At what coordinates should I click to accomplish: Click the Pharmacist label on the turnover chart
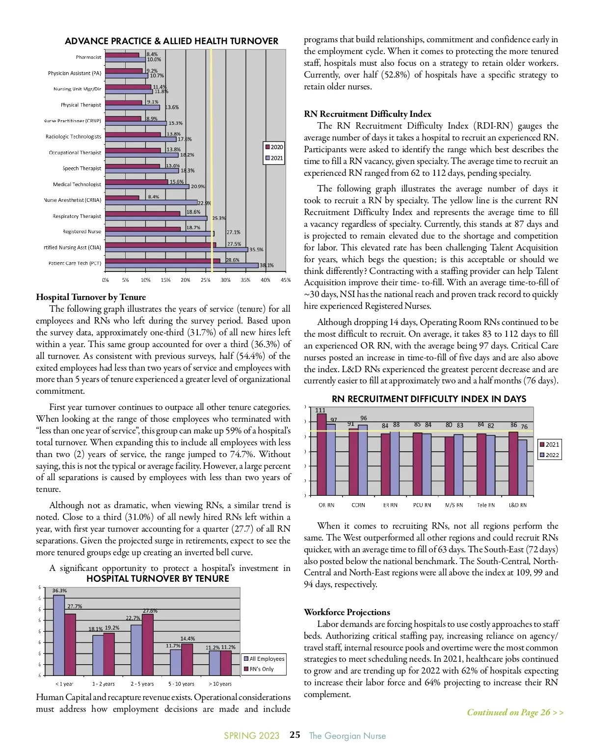(x=88, y=57)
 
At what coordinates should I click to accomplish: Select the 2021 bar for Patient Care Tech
(x=182, y=266)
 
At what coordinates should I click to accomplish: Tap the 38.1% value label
(x=267, y=266)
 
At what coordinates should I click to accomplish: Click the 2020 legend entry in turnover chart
(x=274, y=147)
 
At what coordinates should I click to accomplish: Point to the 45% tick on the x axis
(x=285, y=280)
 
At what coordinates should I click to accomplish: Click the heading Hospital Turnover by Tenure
(x=91, y=297)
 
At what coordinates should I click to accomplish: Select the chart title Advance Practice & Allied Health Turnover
(x=171, y=41)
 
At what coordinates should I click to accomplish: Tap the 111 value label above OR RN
(x=320, y=410)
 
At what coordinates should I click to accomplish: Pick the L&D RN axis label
(x=517, y=505)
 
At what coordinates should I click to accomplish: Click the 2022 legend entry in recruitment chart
(x=549, y=455)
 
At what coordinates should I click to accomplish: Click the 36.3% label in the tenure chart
(x=59, y=591)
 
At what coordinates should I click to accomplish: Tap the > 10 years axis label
(x=220, y=684)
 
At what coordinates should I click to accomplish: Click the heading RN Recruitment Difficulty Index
(x=368, y=114)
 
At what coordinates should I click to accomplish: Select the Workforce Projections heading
(x=347, y=612)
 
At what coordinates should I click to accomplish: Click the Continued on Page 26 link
(x=515, y=712)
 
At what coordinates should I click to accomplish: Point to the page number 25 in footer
(x=294, y=735)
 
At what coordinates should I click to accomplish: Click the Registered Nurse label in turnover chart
(x=81, y=232)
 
